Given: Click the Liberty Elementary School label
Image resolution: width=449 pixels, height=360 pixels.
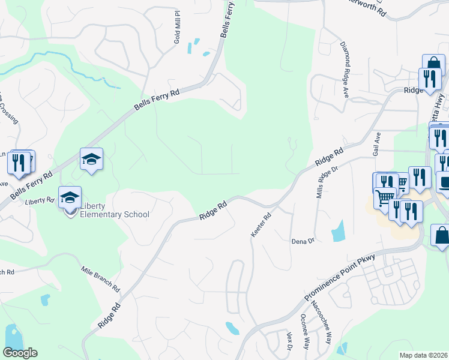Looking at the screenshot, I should click(112, 210).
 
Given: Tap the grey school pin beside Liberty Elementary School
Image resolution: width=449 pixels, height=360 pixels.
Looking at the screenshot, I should click(70, 197).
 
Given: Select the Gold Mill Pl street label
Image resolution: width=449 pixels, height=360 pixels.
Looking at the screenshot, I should click(177, 27).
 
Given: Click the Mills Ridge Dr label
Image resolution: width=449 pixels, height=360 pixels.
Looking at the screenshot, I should click(320, 183).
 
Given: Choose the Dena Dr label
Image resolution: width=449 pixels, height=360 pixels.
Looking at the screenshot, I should click(303, 241).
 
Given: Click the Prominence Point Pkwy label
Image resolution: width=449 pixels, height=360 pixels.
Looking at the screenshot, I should click(339, 276).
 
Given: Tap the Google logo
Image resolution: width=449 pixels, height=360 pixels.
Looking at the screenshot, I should click(20, 353).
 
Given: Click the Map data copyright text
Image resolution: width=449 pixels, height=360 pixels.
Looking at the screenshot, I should click(424, 355).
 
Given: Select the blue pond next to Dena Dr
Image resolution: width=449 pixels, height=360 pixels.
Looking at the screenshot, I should click(337, 231).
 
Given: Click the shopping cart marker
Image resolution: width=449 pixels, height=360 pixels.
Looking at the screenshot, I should click(385, 196).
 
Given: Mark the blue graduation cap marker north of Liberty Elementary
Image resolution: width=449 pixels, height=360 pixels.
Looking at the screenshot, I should click(91, 158).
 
